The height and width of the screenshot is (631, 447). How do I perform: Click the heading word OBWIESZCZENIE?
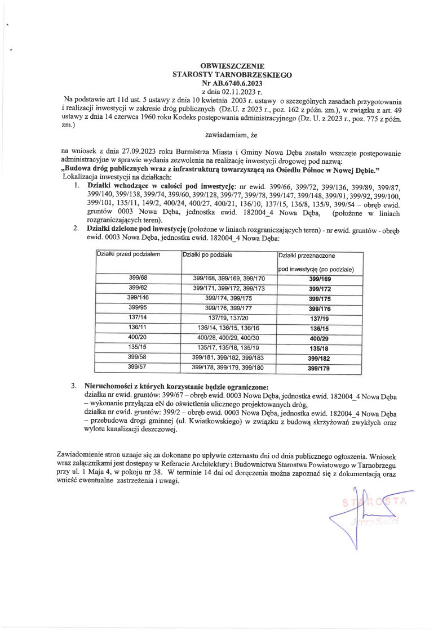[x=232, y=66]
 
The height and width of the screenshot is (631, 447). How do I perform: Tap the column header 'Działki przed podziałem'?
[x=129, y=255]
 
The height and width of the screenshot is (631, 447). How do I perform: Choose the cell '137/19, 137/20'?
[x=228, y=317]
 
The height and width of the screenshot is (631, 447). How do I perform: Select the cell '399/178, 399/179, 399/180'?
[x=228, y=368]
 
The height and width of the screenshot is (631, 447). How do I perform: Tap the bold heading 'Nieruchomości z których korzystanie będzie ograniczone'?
[x=176, y=387]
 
